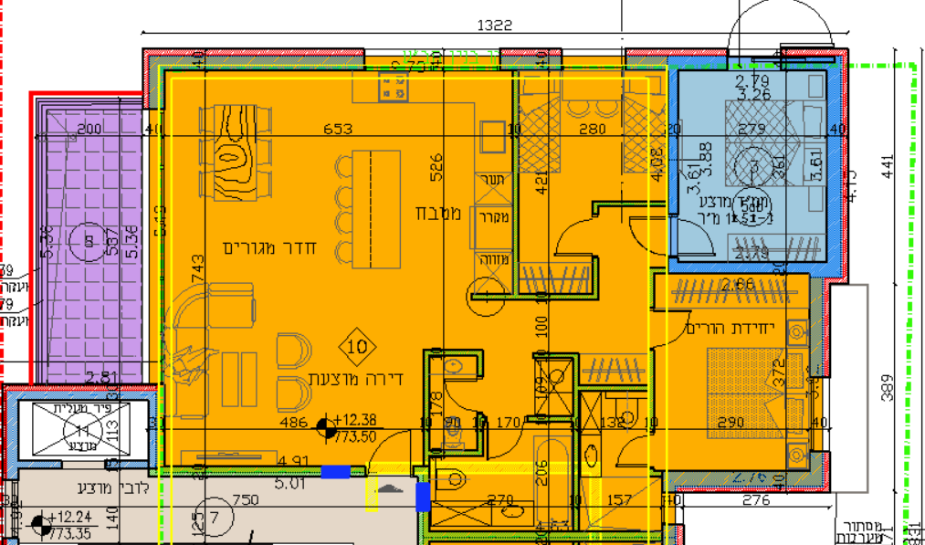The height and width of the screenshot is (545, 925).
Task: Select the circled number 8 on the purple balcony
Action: [x=89, y=241]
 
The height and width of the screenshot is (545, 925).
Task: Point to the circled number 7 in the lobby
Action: [x=216, y=516]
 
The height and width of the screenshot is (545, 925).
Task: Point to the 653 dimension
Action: [x=338, y=130]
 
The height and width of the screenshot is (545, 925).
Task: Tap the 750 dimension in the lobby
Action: [x=246, y=500]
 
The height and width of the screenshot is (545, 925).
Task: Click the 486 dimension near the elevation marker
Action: [x=292, y=423]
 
